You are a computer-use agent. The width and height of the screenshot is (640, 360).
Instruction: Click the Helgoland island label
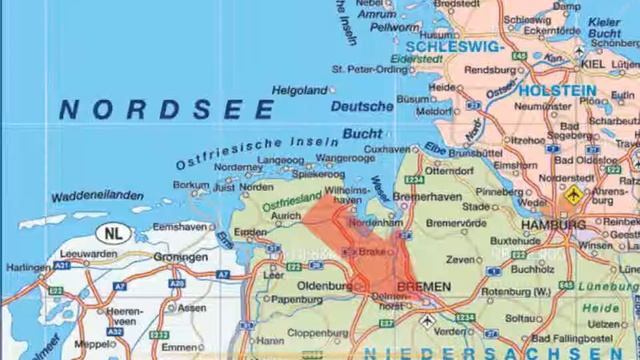click(301, 90)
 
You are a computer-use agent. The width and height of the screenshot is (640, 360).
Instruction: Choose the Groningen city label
click(181, 256)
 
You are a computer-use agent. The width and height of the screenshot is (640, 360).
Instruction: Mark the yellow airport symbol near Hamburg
click(574, 192)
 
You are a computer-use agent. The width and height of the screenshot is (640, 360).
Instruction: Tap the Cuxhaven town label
click(388, 148)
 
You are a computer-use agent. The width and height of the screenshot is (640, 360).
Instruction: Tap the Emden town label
click(250, 232)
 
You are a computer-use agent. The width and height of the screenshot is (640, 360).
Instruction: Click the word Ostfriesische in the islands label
click(222, 153)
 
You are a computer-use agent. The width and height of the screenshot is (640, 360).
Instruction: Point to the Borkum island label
click(191, 185)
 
